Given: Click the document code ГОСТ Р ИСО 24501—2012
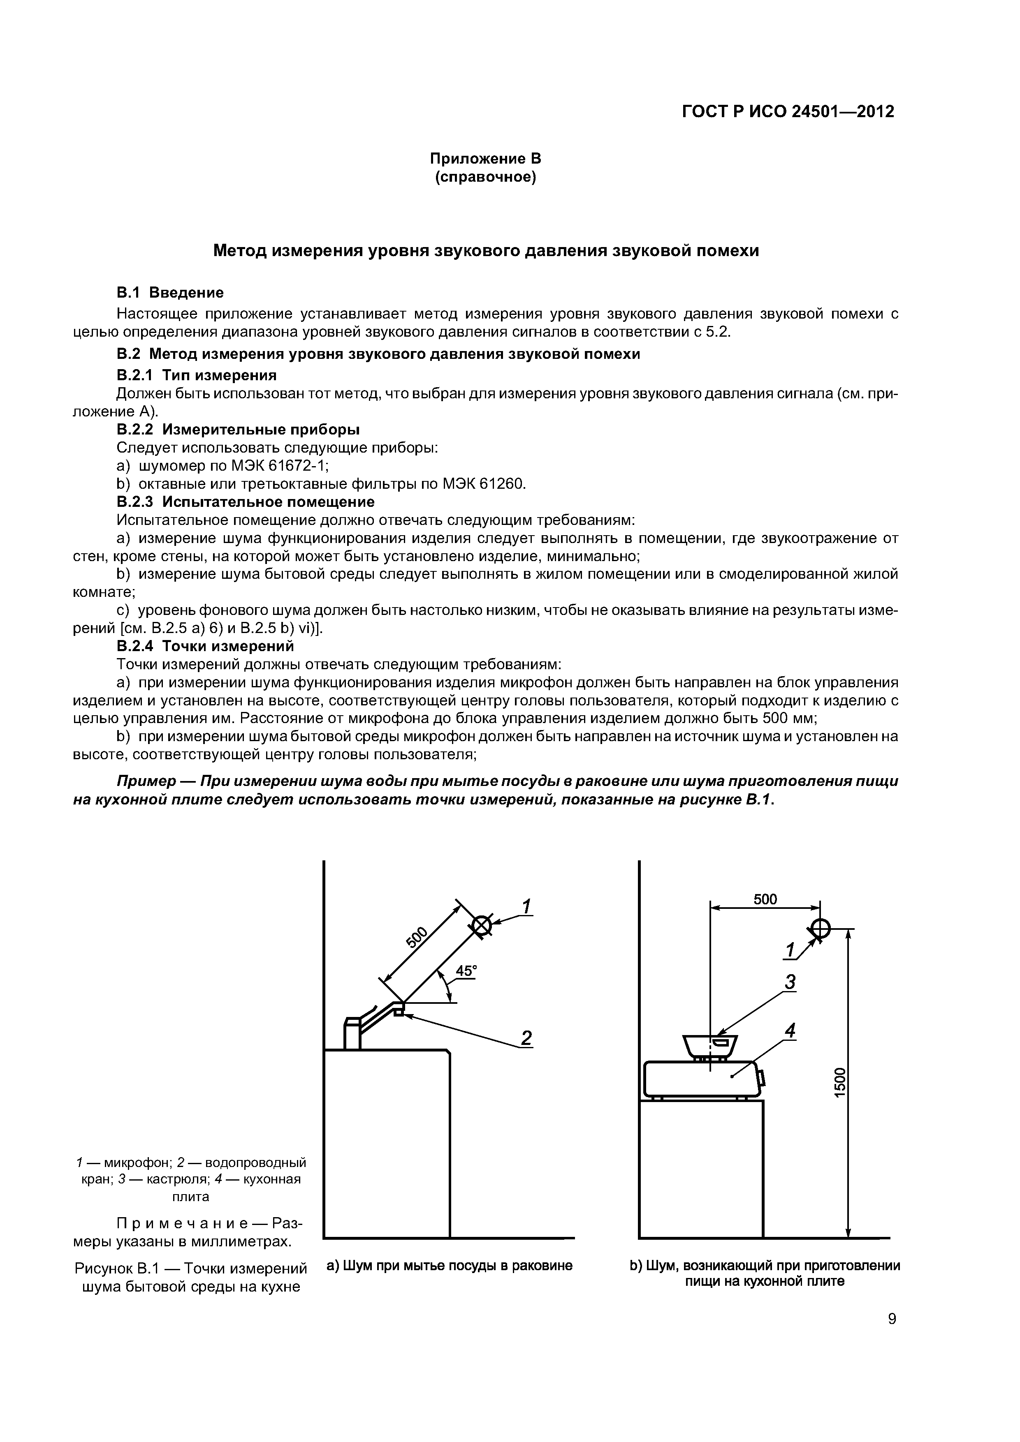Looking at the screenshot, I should pos(788,112).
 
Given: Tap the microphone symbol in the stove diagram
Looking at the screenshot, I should pos(820,928).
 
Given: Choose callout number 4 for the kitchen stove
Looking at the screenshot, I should pos(790,1031).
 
